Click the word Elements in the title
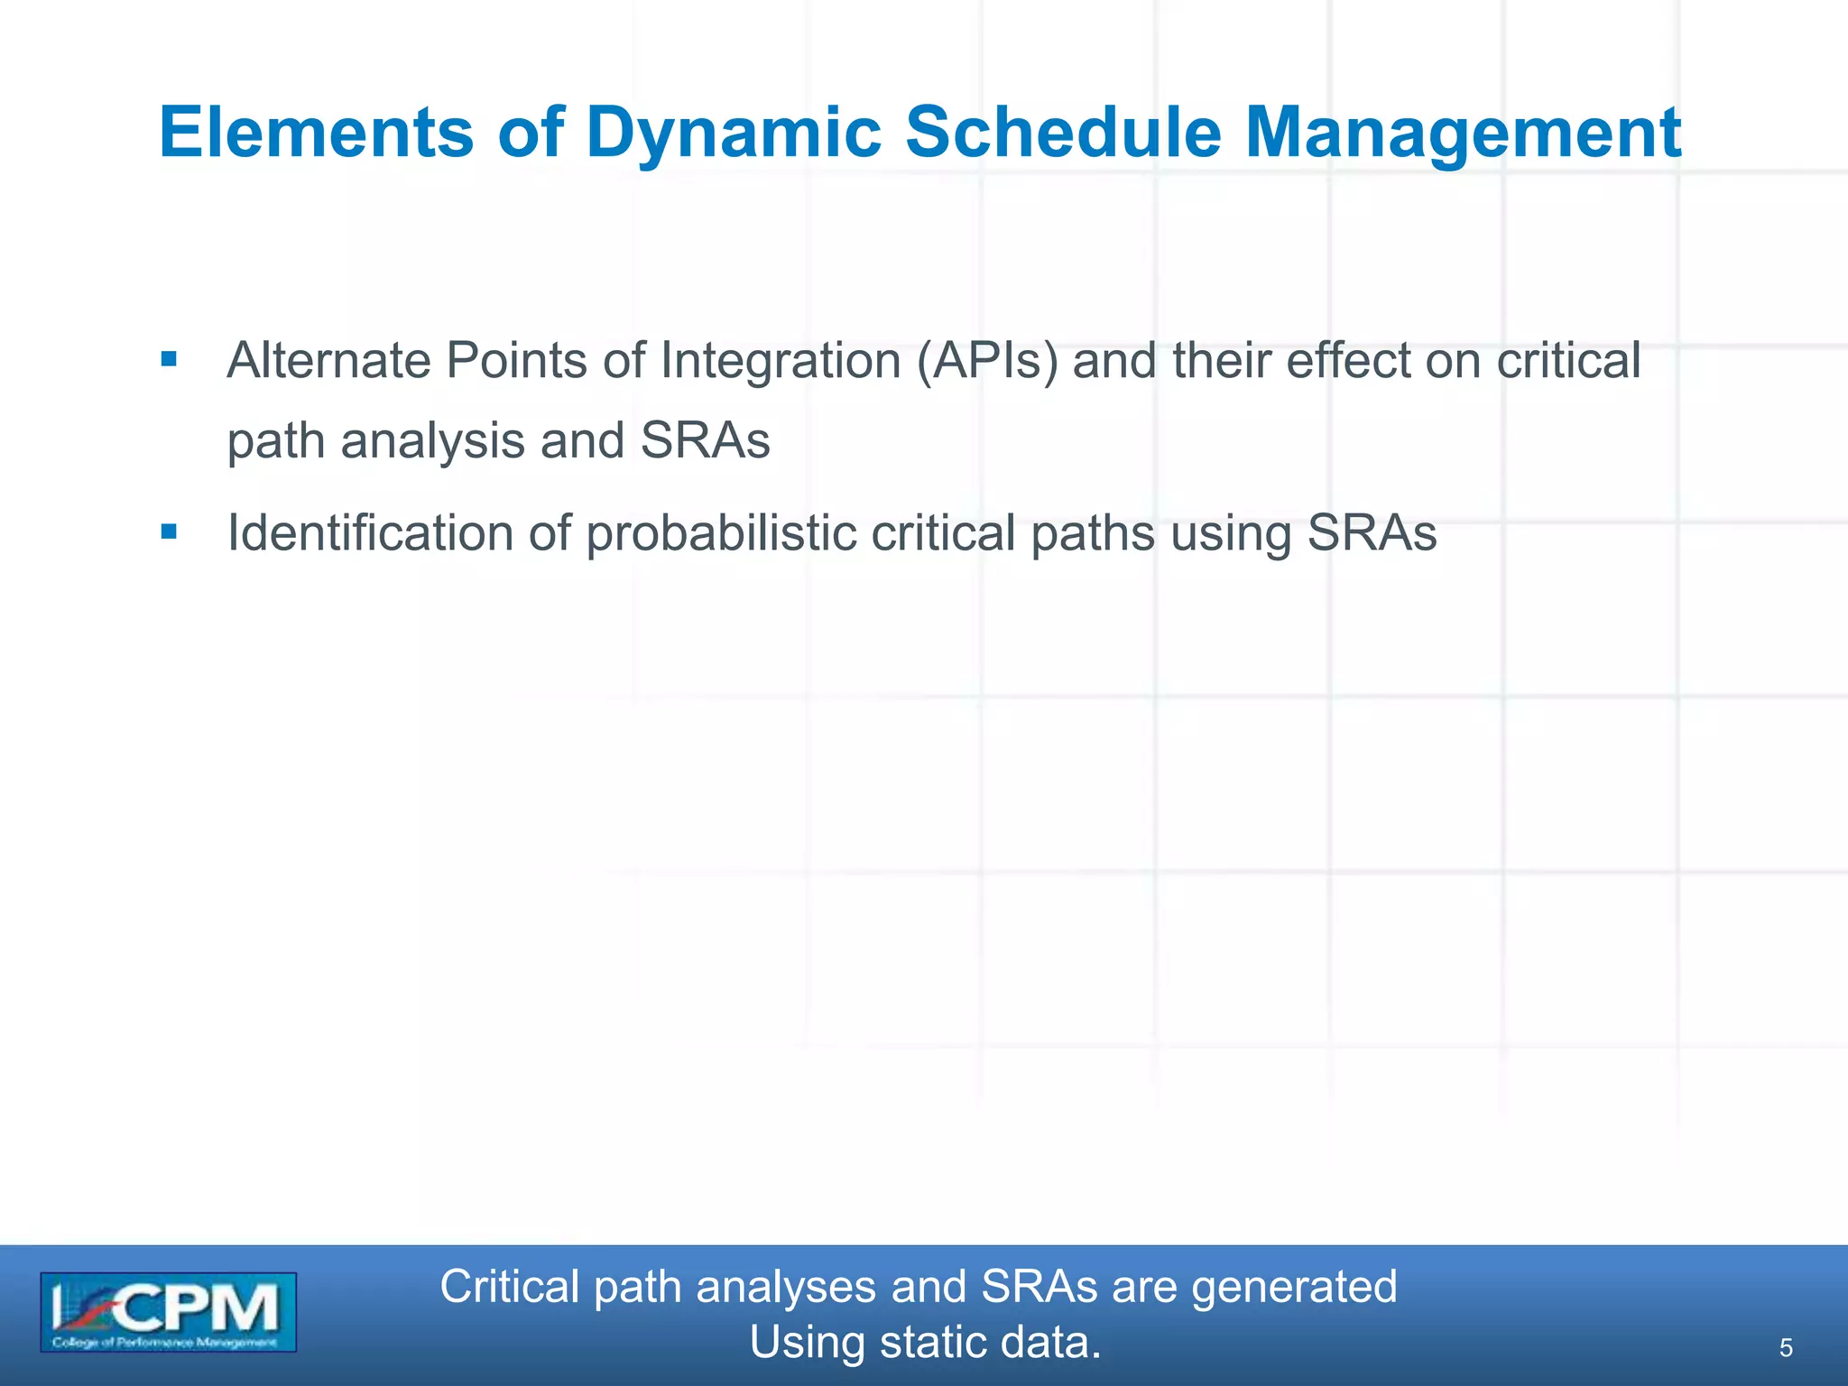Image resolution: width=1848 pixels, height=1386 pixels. (x=316, y=133)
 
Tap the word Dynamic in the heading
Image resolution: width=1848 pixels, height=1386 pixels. (x=733, y=133)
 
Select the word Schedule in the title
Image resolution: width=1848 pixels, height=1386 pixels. (x=1063, y=133)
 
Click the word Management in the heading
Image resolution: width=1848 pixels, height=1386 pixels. (x=1463, y=133)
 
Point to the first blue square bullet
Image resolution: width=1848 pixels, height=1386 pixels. (x=169, y=360)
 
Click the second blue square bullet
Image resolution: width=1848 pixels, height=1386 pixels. (x=169, y=532)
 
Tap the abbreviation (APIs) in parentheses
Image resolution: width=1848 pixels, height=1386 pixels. (x=987, y=361)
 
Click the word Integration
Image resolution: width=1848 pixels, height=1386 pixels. (x=781, y=361)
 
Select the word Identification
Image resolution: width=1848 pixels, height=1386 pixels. (x=370, y=532)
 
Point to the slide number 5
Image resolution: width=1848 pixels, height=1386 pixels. (x=1785, y=1348)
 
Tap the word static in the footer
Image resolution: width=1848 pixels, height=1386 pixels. (x=929, y=1343)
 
